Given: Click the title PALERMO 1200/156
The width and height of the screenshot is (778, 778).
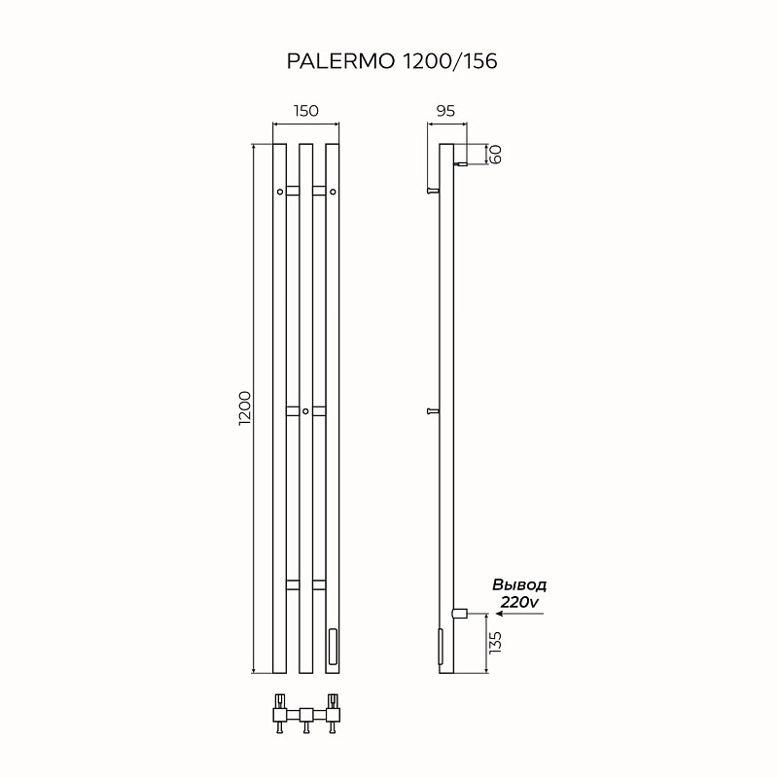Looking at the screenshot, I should coord(391,61).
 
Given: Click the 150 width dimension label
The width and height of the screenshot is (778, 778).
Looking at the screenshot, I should coord(305,111).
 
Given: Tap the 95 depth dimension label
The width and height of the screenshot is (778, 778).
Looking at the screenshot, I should coord(446,111).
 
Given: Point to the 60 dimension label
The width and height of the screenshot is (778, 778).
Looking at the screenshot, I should coord(494,154).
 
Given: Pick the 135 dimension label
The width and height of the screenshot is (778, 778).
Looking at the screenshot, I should coord(494,643).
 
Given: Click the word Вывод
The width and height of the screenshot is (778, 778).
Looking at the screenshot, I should coord(519,585).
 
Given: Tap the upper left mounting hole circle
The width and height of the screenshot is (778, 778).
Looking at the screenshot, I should coord(280,193).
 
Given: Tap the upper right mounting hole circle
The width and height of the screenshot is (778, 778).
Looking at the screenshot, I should coord(333,193).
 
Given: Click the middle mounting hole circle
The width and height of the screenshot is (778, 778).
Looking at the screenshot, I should coord(305,412).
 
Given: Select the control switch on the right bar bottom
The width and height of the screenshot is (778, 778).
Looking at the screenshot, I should coord(334,645).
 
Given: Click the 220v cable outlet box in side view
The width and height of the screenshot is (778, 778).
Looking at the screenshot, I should coord(461,613).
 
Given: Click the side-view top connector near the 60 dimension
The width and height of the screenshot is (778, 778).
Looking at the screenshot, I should coord(460,164).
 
